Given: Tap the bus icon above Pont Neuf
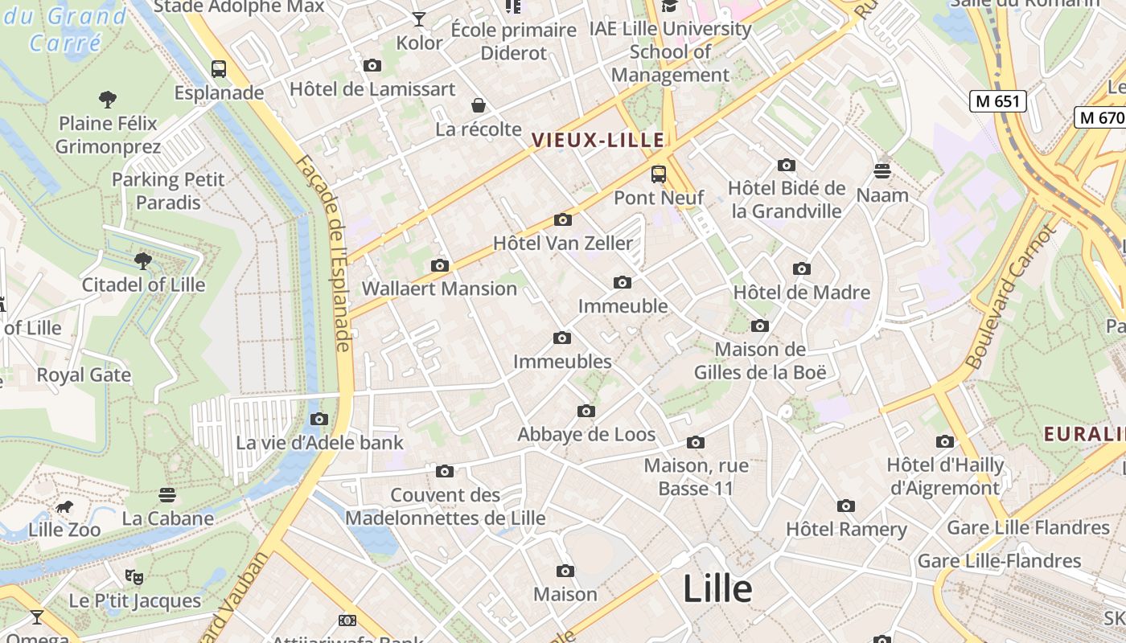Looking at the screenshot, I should (659, 174).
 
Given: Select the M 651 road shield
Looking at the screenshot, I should (997, 101).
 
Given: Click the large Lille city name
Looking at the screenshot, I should (717, 589).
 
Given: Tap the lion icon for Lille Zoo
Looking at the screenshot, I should (64, 507).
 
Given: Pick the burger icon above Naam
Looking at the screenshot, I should (882, 171).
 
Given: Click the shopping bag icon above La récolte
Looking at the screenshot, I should (479, 105).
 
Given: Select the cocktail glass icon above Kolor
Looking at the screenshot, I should (419, 19).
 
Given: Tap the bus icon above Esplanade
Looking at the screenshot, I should (219, 69).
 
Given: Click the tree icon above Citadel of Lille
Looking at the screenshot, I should (143, 260).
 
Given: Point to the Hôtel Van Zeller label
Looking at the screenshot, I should (563, 243).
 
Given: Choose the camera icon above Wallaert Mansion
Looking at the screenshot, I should (439, 265).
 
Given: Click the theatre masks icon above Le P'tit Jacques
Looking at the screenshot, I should (134, 576).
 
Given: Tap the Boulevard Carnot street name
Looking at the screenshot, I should (1009, 298).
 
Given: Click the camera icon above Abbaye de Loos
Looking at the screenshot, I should (586, 412).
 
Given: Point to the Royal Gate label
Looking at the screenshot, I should (84, 375).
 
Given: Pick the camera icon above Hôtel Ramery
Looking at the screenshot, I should (845, 506).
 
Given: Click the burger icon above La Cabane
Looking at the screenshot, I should (167, 494).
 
